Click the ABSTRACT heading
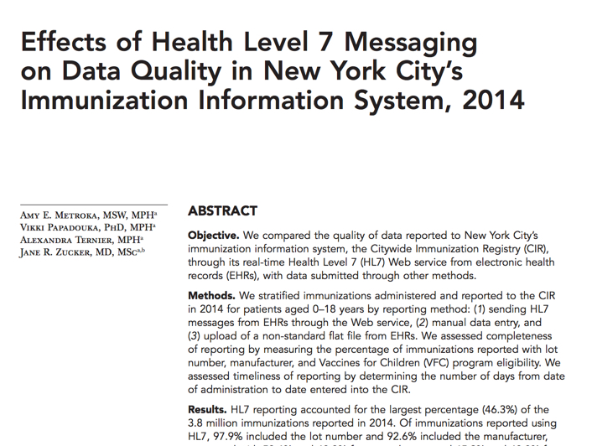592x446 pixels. tap(222, 210)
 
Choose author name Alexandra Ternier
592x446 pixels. tap(70, 239)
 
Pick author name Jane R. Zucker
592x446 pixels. tap(65, 252)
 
